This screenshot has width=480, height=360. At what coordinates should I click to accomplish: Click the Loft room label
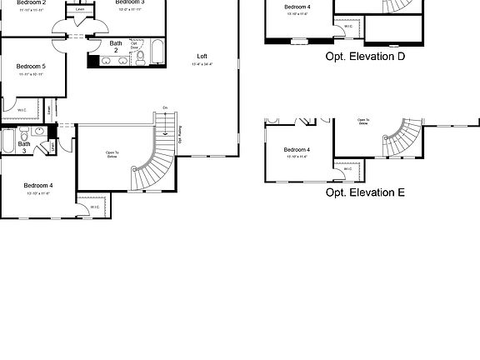pyautogui.click(x=202, y=56)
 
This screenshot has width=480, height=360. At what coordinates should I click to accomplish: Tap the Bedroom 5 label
pyautogui.click(x=31, y=65)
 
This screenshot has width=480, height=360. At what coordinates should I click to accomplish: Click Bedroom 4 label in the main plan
pyautogui.click(x=38, y=185)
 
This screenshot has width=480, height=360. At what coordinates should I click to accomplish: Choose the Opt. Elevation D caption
pyautogui.click(x=365, y=57)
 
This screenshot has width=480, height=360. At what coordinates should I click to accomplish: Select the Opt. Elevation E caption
pyautogui.click(x=365, y=192)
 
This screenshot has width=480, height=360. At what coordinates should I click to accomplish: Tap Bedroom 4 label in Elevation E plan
pyautogui.click(x=296, y=150)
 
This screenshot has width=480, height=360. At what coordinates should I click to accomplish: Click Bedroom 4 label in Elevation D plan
pyautogui.click(x=297, y=7)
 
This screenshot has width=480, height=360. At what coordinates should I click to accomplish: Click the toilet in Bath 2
pyautogui.click(x=140, y=57)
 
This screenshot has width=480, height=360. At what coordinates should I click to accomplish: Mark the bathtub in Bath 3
pyautogui.click(x=7, y=142)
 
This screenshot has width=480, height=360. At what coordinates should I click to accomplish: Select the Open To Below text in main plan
pyautogui.click(x=112, y=154)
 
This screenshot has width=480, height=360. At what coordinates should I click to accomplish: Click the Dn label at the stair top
pyautogui.click(x=166, y=108)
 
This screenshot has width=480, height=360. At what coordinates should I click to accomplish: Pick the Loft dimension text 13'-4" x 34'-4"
pyautogui.click(x=202, y=64)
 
